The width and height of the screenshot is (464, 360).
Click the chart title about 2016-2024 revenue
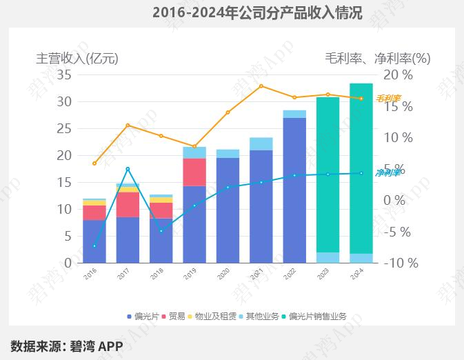[256, 12]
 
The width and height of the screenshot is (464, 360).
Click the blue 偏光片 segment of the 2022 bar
[294, 190]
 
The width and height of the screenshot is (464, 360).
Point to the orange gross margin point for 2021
[261, 86]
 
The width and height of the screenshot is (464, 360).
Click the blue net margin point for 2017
[128, 168]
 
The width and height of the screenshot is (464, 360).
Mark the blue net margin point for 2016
[94, 246]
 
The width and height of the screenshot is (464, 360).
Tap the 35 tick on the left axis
[64, 74]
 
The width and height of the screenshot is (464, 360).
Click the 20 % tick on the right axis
[399, 74]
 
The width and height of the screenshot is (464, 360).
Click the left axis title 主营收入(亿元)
[77, 59]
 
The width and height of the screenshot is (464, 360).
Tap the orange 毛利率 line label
[387, 99]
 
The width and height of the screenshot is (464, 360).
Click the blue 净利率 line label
[387, 173]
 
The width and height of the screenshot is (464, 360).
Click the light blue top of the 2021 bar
[261, 143]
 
